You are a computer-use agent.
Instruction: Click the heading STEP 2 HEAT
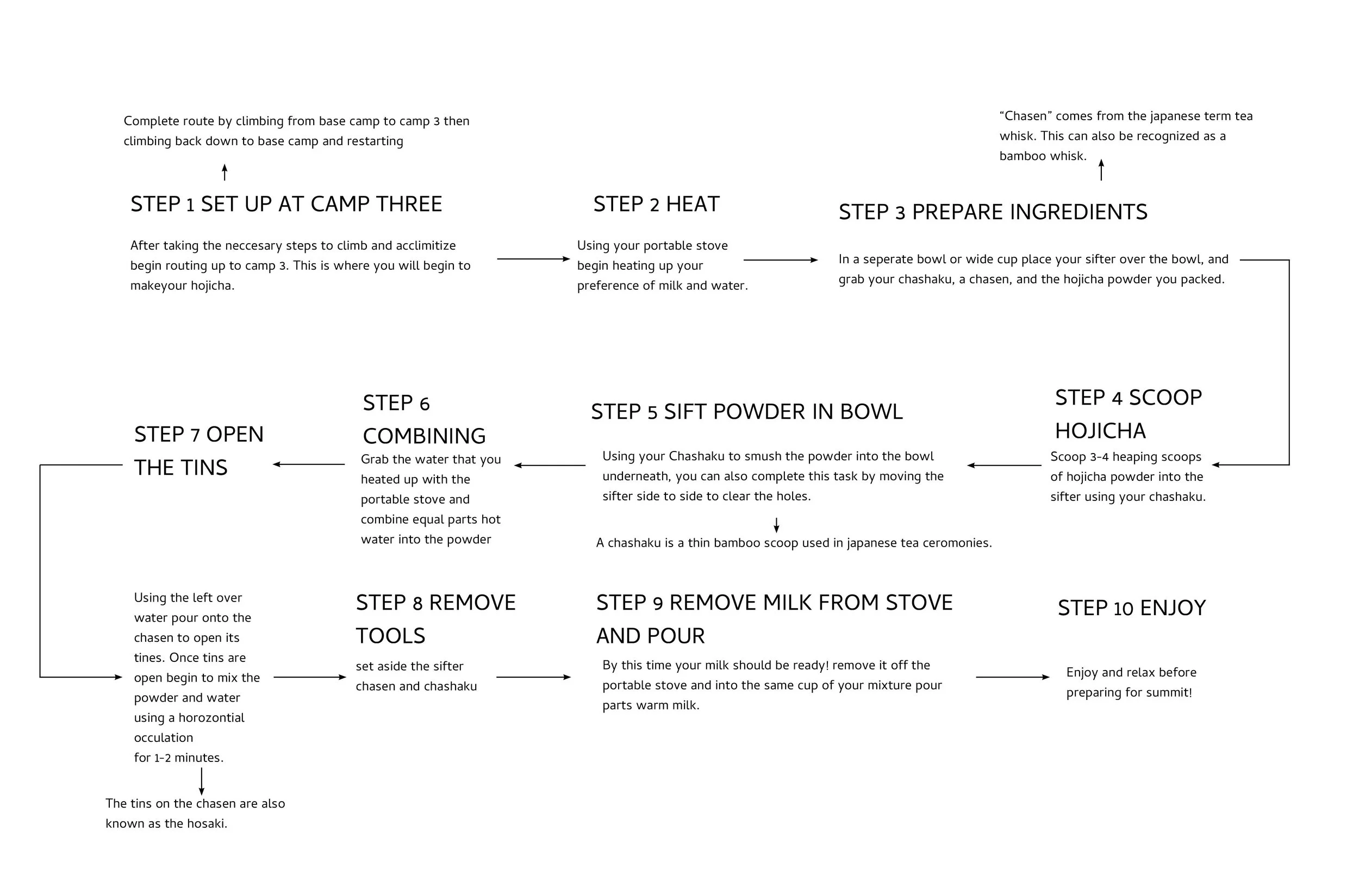pyautogui.click(x=656, y=204)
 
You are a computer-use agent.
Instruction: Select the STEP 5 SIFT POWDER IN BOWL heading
pyautogui.click(x=746, y=412)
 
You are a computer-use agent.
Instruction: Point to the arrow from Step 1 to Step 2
pyautogui.click(x=533, y=259)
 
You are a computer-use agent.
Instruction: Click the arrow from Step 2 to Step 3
pyautogui.click(x=780, y=260)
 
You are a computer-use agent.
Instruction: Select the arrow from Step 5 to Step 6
pyautogui.click(x=550, y=465)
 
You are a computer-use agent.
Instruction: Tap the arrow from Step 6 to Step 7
pyautogui.click(x=308, y=464)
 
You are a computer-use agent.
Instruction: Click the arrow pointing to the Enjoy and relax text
pyautogui.click(x=1012, y=677)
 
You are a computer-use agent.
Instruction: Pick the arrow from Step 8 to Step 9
pyautogui.click(x=533, y=677)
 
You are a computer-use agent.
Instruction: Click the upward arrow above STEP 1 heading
pyautogui.click(x=225, y=172)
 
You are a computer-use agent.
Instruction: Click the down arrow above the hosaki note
pyautogui.click(x=202, y=781)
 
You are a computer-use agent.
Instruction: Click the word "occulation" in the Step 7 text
pyautogui.click(x=163, y=738)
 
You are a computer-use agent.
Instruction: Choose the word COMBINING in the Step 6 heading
pyautogui.click(x=423, y=436)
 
